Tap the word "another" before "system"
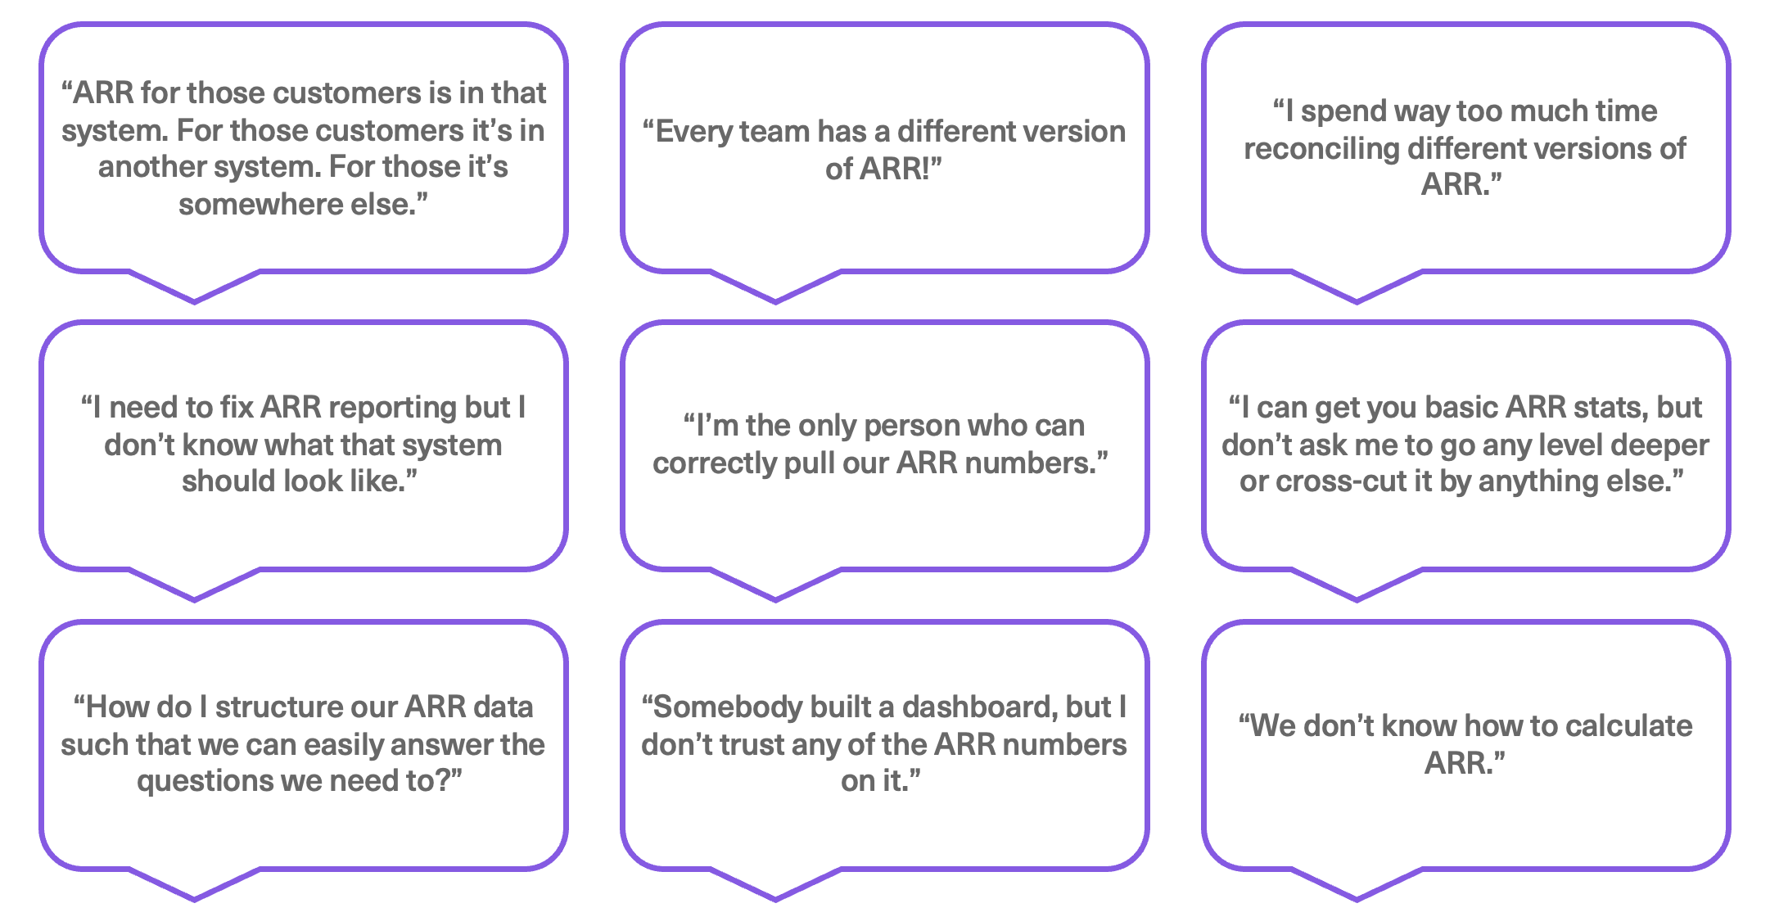point(151,167)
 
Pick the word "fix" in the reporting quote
point(237,407)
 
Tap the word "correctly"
point(713,464)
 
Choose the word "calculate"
point(1628,726)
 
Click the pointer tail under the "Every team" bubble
point(775,287)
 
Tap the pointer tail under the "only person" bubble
point(775,585)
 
